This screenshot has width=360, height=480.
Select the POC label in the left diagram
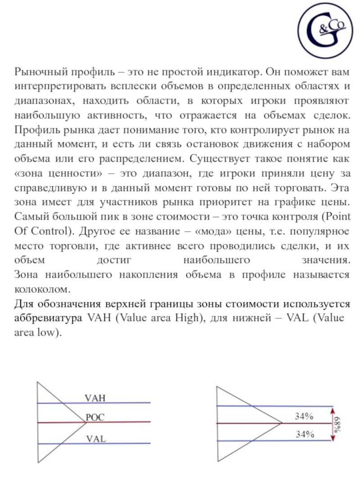(95, 417)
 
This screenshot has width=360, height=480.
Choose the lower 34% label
(304, 434)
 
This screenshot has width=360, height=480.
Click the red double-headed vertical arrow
(333, 423)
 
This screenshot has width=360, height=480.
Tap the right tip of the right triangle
(282, 423)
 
